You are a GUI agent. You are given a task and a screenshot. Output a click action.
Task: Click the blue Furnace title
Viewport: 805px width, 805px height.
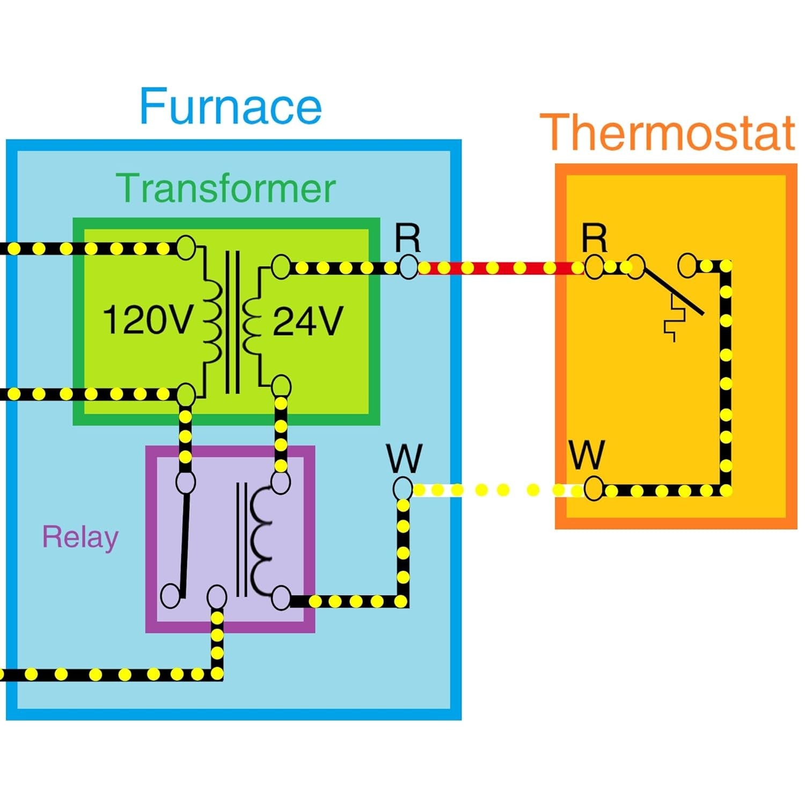coord(231,106)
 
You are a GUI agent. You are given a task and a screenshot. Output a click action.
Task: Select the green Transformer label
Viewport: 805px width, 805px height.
coord(226,188)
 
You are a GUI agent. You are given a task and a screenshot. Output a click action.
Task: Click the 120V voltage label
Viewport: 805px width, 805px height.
coord(147,320)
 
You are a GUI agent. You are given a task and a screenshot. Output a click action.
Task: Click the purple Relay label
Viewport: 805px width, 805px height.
coord(80,537)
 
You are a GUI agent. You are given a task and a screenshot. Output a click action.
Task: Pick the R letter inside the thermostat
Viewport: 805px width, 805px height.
coord(595,237)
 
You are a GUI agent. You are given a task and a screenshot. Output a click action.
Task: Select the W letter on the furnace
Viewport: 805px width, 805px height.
coord(404,458)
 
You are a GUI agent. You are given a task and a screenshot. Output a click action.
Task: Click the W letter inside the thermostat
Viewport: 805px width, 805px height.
coord(587,455)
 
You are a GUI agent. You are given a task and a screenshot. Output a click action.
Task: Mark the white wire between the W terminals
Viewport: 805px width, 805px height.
coord(494,490)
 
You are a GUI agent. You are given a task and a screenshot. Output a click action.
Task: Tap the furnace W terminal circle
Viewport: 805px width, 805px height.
coord(402,489)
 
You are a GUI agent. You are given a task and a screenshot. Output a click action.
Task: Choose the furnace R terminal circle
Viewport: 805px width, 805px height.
coord(408,267)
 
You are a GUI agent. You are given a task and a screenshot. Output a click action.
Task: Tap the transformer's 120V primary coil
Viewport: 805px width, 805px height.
coord(213,322)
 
